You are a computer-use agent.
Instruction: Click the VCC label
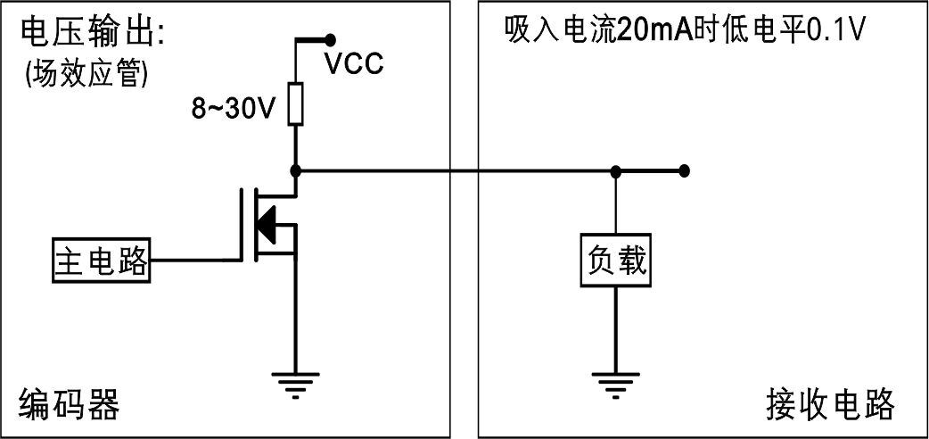point(354,64)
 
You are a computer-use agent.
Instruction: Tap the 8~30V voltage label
point(234,108)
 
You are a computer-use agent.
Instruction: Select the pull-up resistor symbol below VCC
point(295,104)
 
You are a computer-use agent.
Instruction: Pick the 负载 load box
point(615,261)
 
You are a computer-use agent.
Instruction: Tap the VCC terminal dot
point(332,39)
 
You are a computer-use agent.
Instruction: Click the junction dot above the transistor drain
point(295,170)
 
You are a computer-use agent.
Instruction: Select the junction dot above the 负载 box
point(615,170)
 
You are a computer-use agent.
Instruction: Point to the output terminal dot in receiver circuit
point(684,170)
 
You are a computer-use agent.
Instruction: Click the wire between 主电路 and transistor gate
point(196,260)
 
